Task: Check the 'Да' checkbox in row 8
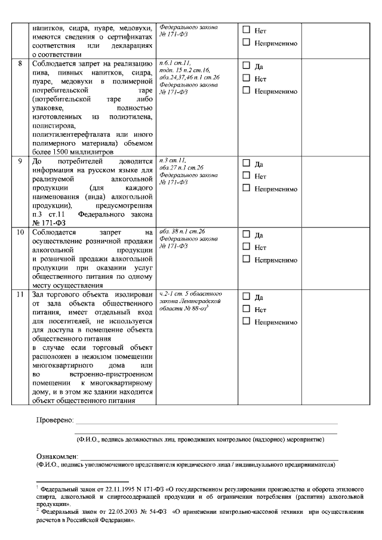[x=246, y=66]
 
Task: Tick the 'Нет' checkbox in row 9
[x=246, y=176]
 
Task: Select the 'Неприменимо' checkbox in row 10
[x=246, y=260]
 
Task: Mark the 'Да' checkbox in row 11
[x=246, y=297]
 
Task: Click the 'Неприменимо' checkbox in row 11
[x=246, y=321]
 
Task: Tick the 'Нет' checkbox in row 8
[x=246, y=78]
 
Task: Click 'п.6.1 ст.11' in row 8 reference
[x=174, y=63]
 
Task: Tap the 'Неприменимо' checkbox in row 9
[x=246, y=189]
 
